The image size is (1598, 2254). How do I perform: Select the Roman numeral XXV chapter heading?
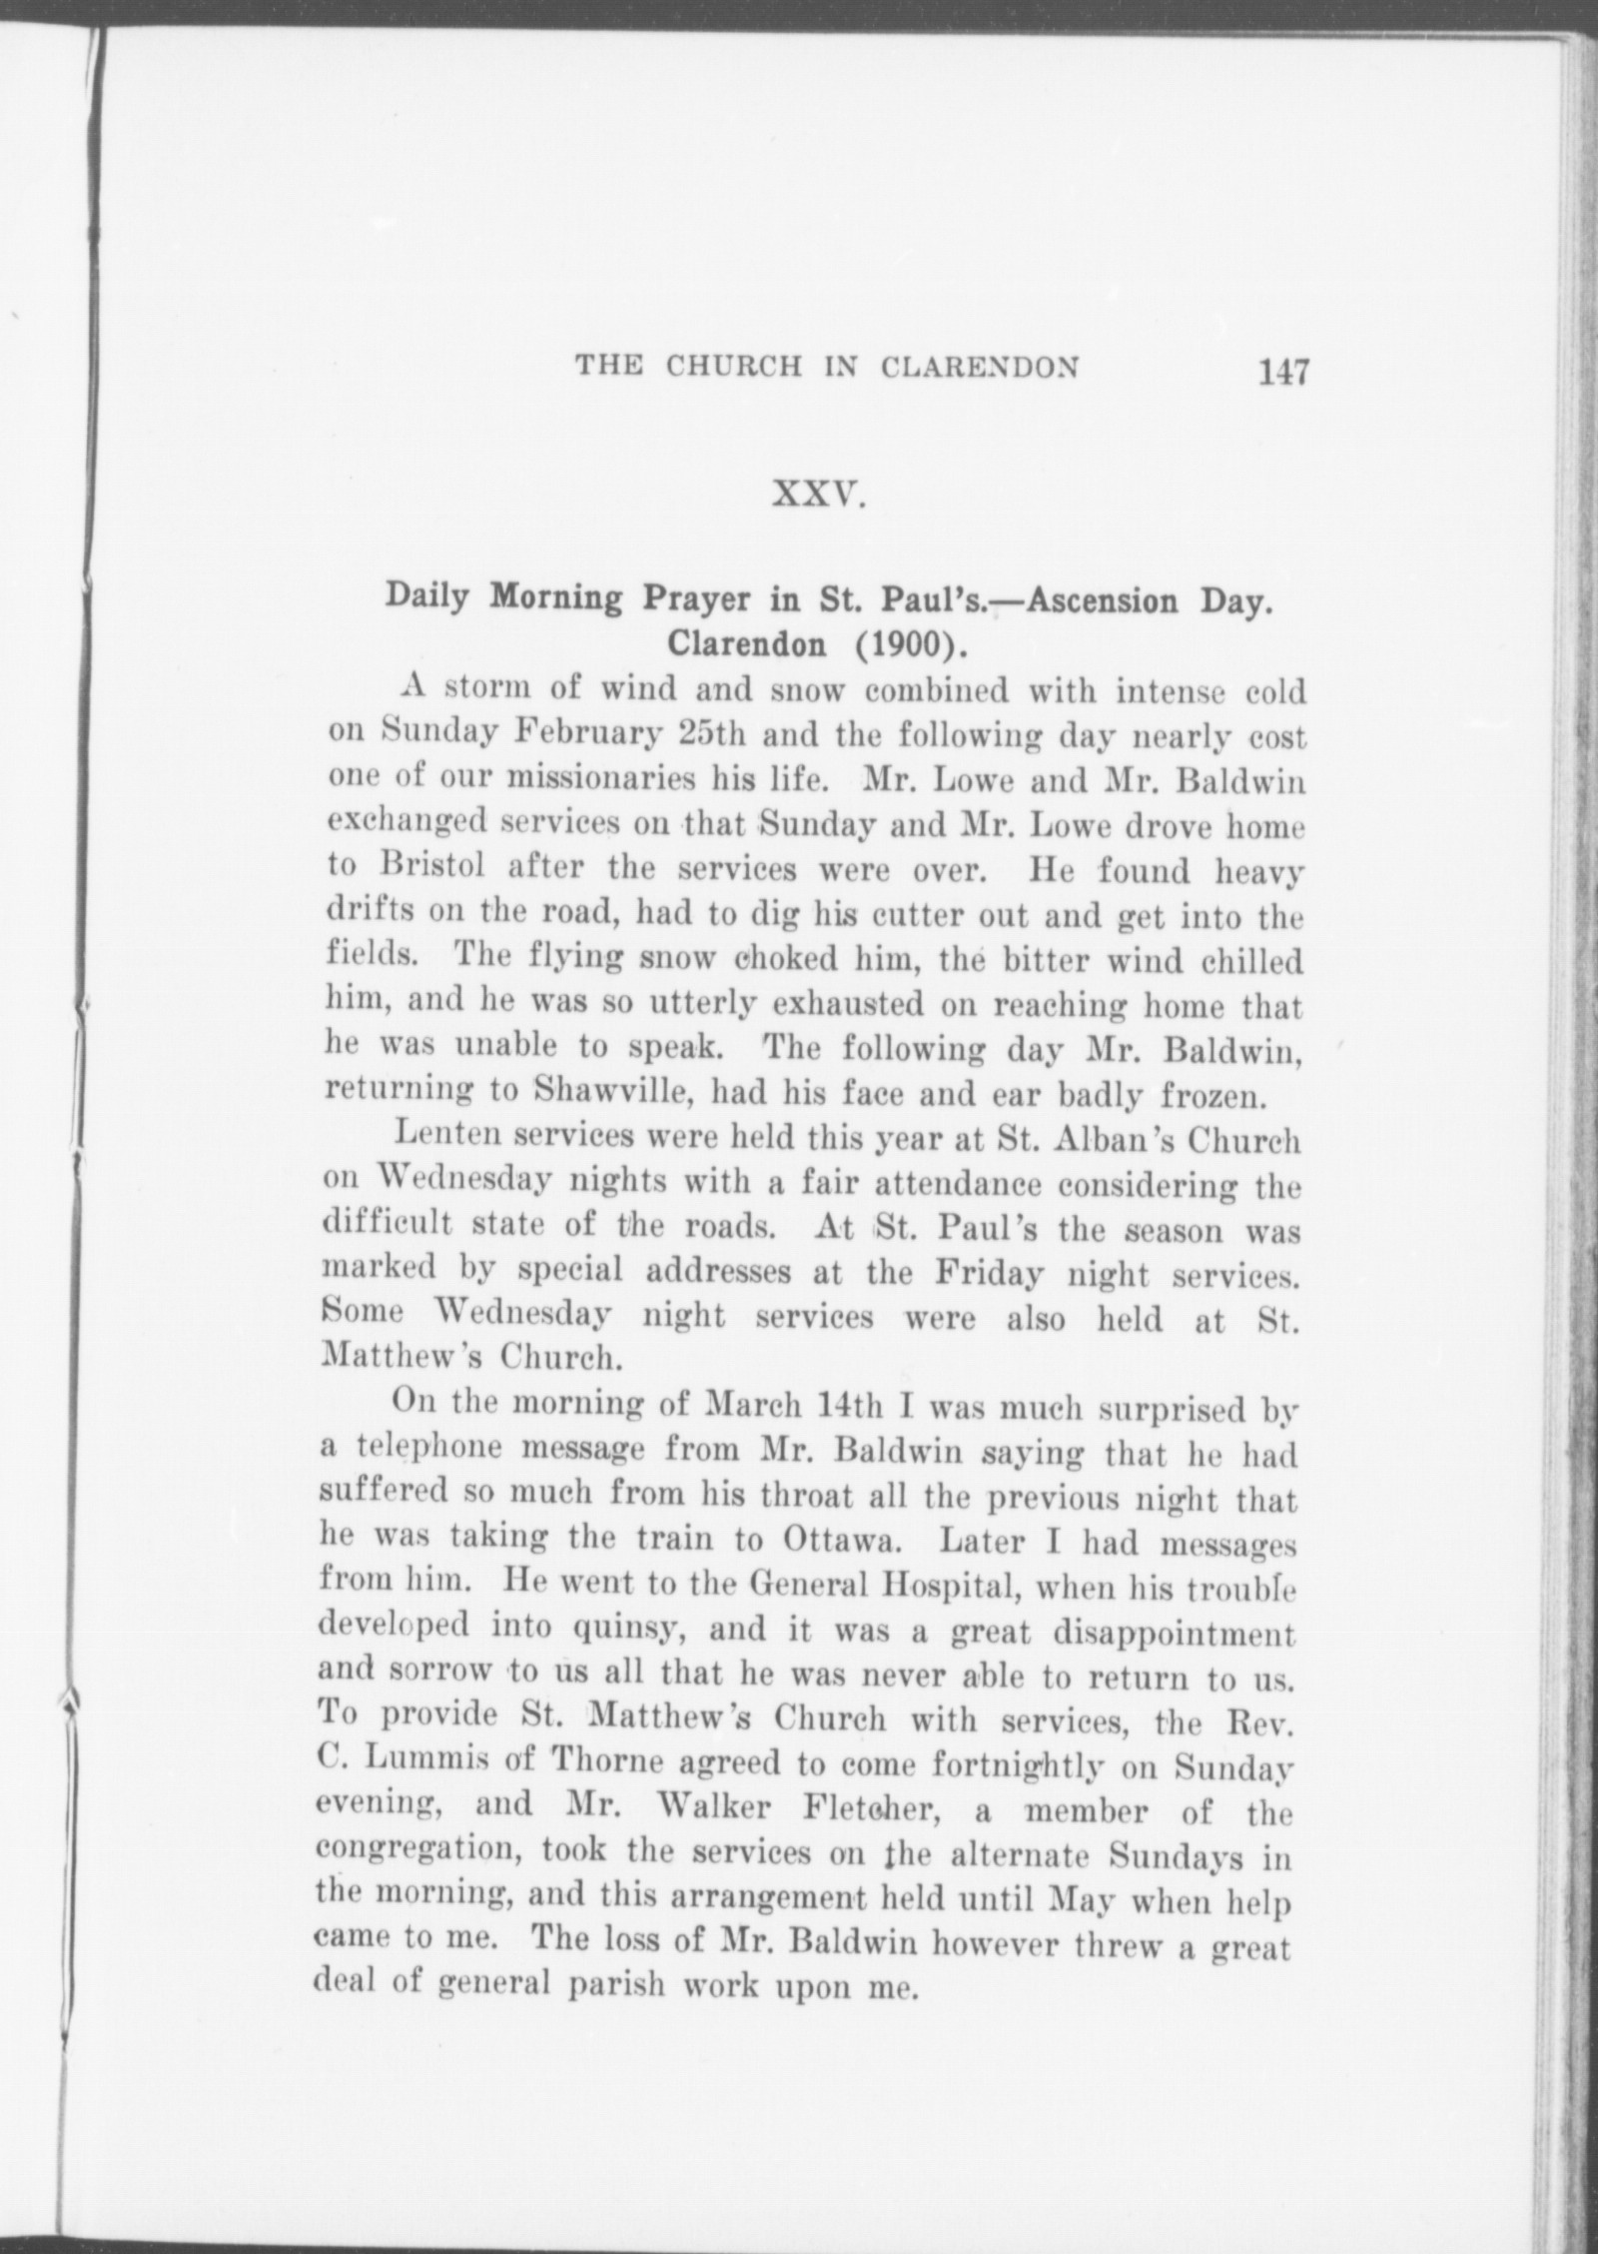(x=818, y=495)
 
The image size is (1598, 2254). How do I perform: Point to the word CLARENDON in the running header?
(x=979, y=368)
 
